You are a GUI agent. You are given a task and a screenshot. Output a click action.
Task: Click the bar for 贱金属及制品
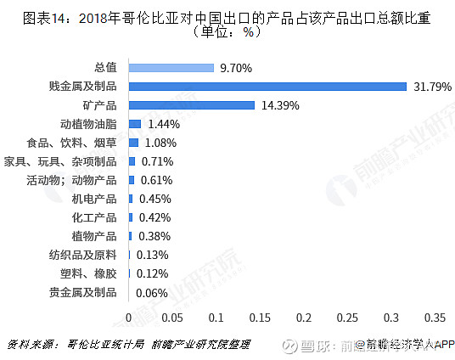(267, 86)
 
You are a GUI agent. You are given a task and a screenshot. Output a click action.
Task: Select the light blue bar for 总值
(171, 67)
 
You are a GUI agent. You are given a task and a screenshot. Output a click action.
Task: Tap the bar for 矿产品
(191, 104)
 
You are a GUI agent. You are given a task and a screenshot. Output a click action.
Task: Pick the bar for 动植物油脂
(135, 123)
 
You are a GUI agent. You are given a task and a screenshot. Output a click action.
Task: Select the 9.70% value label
(235, 67)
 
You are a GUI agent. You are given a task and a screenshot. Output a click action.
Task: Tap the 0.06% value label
(153, 293)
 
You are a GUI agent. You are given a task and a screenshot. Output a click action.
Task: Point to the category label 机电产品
(94, 199)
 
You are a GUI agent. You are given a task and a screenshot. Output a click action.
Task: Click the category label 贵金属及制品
(83, 293)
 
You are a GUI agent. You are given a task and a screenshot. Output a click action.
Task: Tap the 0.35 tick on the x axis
(435, 318)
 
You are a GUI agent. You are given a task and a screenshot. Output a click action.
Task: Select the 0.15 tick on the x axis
(260, 318)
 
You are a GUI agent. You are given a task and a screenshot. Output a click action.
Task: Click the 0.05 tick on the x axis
(172, 318)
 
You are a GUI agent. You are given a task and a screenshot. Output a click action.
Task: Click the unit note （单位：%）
(227, 33)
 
